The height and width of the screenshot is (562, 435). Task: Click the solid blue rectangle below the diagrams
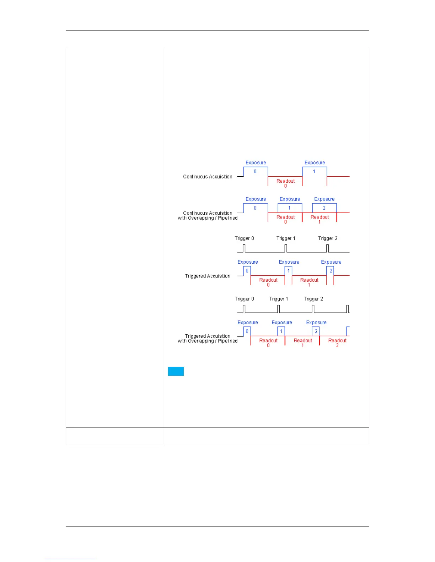click(x=176, y=371)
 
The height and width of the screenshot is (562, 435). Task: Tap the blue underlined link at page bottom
click(x=70, y=558)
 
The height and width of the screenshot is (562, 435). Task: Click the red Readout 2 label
click(x=337, y=342)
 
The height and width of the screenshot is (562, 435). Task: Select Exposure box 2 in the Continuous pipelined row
click(x=324, y=208)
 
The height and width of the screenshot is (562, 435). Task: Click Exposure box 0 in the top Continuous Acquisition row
click(x=255, y=171)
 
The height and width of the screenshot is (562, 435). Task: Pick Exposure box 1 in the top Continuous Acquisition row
click(x=314, y=171)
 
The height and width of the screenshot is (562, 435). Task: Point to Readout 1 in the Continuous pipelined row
click(x=319, y=219)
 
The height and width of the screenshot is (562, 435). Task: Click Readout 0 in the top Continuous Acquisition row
click(x=285, y=183)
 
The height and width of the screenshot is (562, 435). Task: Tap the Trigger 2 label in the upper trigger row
click(x=328, y=238)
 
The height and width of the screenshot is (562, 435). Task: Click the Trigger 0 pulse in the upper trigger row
click(x=244, y=248)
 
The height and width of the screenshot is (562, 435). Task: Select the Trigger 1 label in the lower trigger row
click(x=279, y=299)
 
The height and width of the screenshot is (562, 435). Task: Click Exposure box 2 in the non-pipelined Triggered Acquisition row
click(x=331, y=271)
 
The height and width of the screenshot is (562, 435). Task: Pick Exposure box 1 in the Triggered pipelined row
click(x=281, y=331)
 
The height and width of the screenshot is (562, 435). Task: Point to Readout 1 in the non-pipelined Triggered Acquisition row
click(x=309, y=282)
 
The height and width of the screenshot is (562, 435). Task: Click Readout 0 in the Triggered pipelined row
click(x=268, y=342)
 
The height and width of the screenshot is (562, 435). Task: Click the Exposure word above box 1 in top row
click(x=315, y=162)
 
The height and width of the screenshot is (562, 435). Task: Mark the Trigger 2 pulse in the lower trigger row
click(x=313, y=309)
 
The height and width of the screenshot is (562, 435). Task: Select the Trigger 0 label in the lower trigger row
click(x=244, y=299)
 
